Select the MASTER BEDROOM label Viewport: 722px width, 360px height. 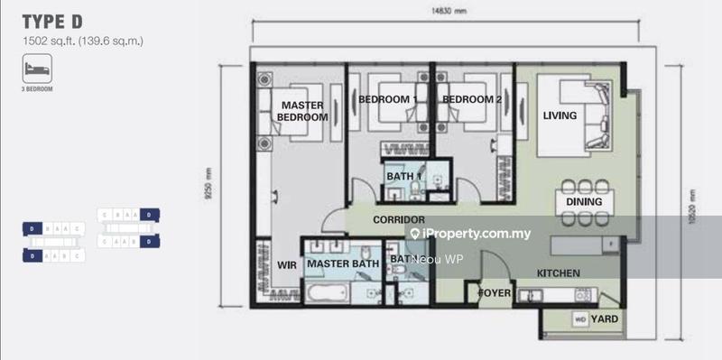coord(301,111)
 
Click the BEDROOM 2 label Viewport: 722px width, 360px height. coord(471,98)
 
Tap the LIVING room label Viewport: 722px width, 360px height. coord(560,115)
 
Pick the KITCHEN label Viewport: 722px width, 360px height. coord(558,273)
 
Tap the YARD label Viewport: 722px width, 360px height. coord(606,318)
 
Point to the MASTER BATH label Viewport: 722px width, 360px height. coord(341,264)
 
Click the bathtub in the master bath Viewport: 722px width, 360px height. coord(328,292)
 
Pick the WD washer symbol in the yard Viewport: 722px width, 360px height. coord(580,318)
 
